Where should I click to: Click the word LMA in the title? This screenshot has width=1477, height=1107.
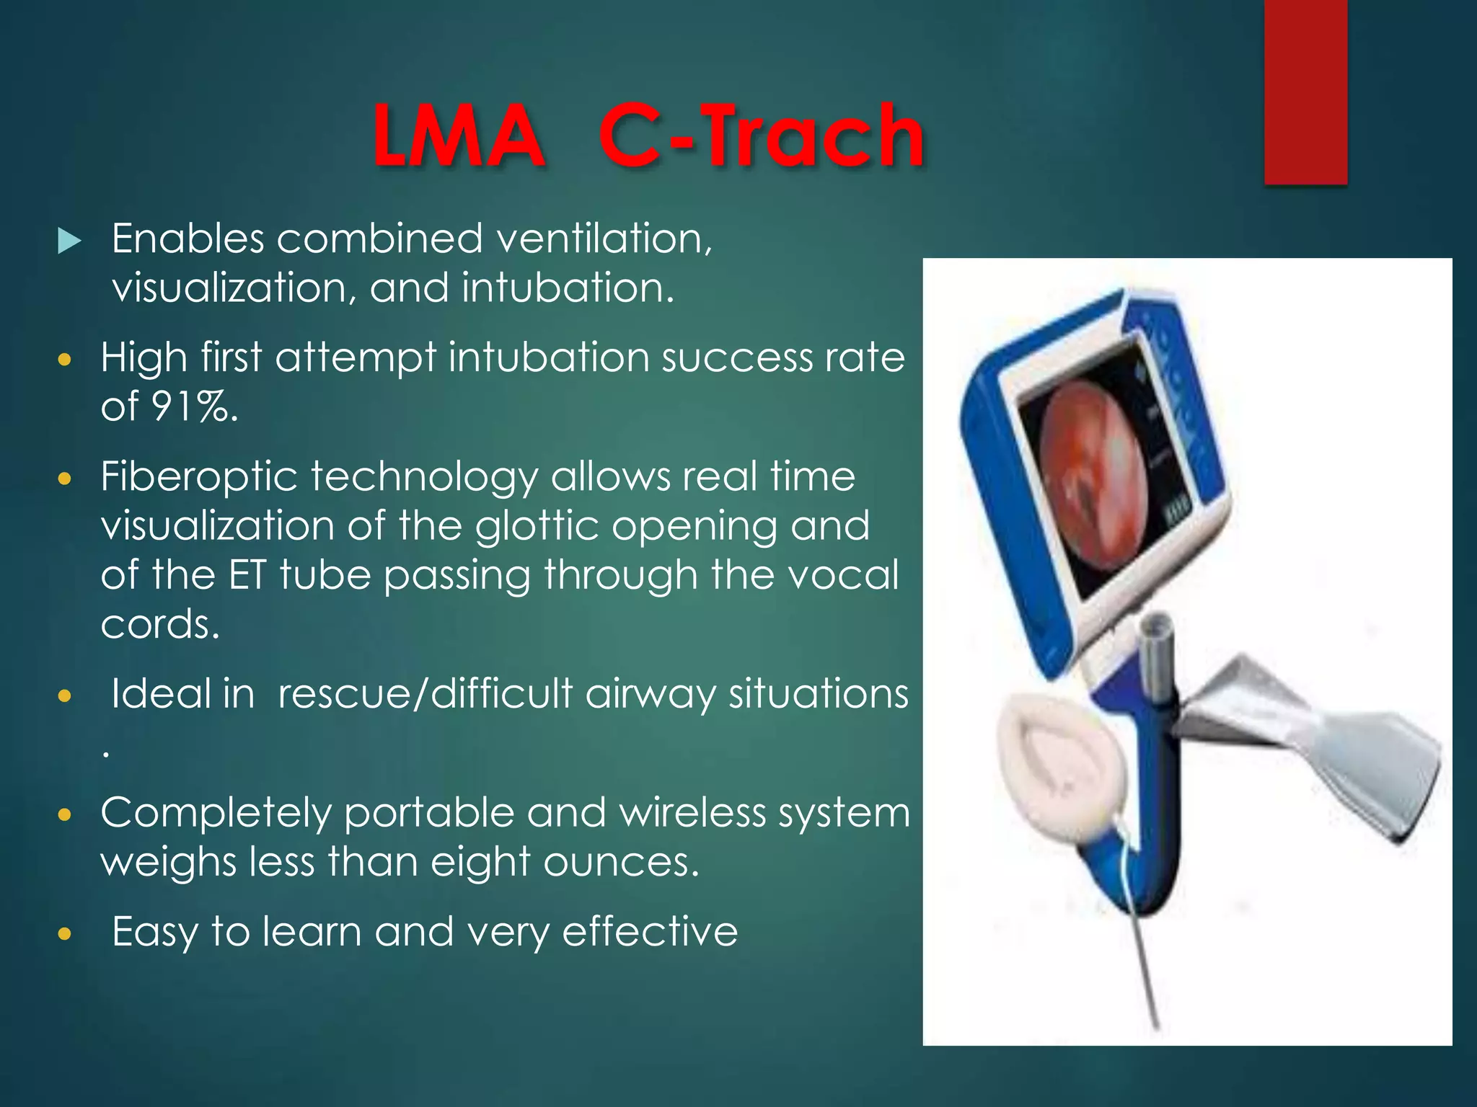(458, 135)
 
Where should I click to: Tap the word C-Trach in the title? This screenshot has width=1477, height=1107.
(761, 135)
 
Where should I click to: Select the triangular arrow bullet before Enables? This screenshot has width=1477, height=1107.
(69, 241)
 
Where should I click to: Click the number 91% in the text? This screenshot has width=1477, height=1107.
(193, 406)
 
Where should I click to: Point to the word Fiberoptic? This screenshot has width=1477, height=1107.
(199, 478)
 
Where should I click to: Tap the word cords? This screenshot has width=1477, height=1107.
(159, 624)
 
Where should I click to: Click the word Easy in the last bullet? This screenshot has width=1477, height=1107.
(154, 933)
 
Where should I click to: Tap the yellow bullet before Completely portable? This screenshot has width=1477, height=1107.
(65, 815)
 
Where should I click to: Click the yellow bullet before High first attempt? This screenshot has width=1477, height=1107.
(65, 360)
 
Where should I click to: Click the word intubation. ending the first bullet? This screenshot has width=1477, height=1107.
(568, 288)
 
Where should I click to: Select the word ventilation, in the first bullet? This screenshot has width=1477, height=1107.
(604, 239)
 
